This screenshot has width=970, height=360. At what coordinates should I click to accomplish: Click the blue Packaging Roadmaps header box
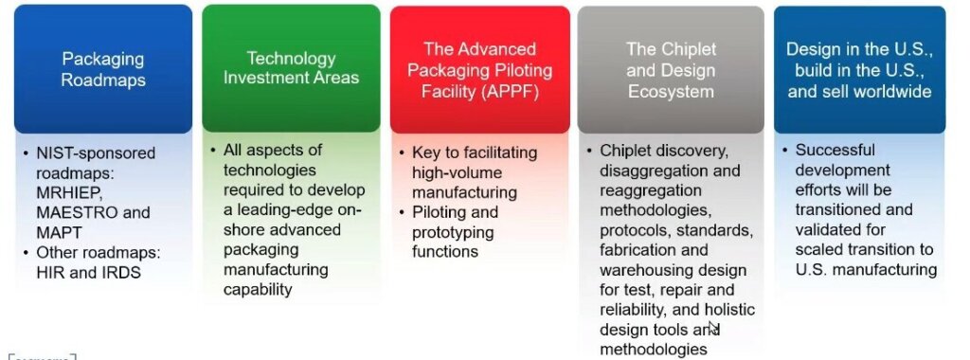click(103, 69)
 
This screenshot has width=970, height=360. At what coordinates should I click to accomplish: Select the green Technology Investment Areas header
click(291, 68)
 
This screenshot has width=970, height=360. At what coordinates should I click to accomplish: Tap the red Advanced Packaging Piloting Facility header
click(479, 69)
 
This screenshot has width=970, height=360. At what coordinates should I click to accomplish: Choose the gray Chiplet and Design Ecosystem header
click(671, 70)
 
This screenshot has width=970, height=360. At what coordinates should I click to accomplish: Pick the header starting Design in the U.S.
click(859, 70)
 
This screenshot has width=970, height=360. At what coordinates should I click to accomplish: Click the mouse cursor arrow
click(713, 328)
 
